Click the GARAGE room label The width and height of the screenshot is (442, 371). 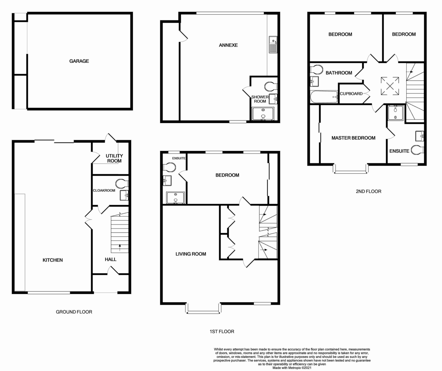pos(79,61)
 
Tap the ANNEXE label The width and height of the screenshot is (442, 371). pos(228,45)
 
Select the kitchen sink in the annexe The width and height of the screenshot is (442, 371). pos(273,45)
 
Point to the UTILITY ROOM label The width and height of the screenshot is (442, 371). pos(114,158)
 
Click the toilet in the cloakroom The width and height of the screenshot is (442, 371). pos(122,183)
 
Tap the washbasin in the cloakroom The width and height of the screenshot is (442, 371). pos(124,195)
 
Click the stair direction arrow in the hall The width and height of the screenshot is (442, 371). pos(120,248)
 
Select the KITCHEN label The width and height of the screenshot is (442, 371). pos(53,260)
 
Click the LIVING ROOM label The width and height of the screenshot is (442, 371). pos(191,254)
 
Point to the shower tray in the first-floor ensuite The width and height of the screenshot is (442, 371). pos(175,198)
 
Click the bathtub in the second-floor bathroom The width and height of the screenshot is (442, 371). pos(324,97)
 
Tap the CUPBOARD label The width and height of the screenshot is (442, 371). pos(351,93)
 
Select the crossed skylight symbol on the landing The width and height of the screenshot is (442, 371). pos(390,86)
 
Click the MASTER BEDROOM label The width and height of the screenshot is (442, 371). pos(353,138)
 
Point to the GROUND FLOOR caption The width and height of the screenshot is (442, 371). pos(74,312)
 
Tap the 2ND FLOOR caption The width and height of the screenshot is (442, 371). pos(369,191)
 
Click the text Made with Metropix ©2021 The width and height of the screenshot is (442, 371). pos(292,368)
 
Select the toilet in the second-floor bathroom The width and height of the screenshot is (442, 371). pos(316,69)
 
